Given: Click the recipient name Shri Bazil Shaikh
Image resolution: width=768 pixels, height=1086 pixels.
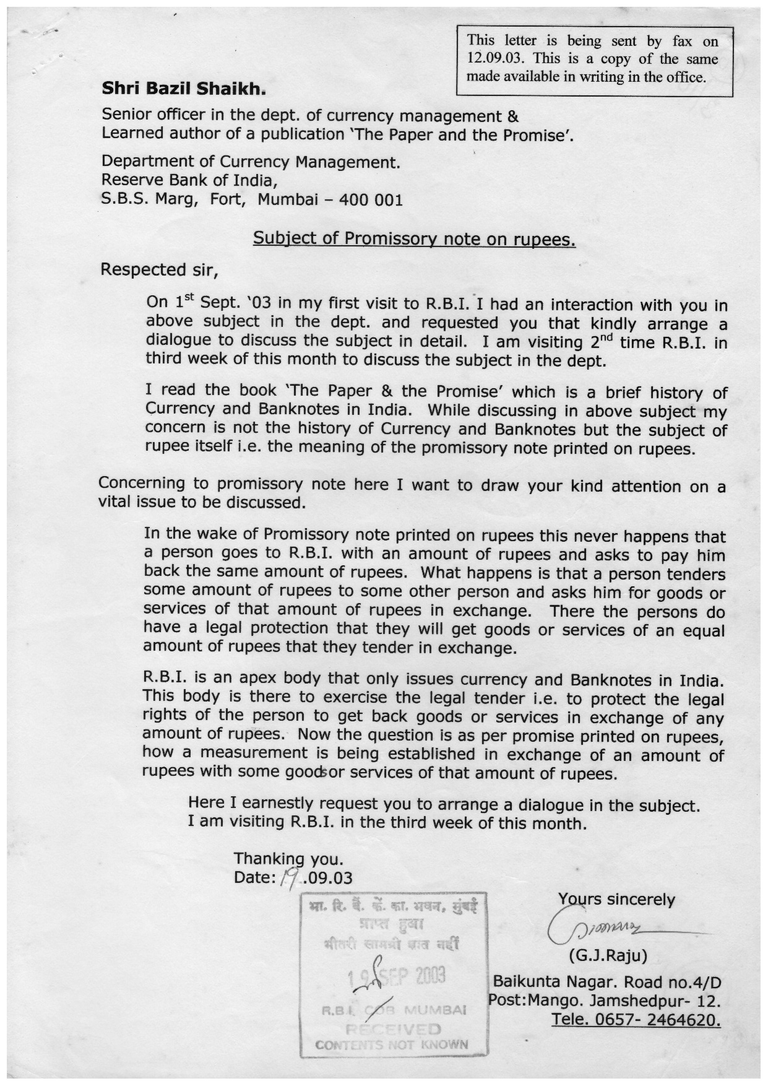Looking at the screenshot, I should coord(183,89).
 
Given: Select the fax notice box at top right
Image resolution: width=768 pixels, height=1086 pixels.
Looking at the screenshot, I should coord(593,60).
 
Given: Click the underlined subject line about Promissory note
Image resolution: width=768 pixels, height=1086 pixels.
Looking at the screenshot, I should coord(414,239).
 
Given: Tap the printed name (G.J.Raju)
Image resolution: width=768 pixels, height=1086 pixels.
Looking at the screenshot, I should coord(608,956).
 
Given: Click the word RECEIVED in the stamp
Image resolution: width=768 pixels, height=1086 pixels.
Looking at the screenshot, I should coord(393,1030).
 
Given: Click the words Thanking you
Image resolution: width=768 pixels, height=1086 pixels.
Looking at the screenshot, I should coord(288,859).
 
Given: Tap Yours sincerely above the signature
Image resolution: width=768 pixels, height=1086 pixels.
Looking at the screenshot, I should coord(616,899).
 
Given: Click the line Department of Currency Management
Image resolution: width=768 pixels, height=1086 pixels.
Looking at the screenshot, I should coord(251,162).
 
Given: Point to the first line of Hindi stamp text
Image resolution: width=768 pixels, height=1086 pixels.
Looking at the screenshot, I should coord(394,908).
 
